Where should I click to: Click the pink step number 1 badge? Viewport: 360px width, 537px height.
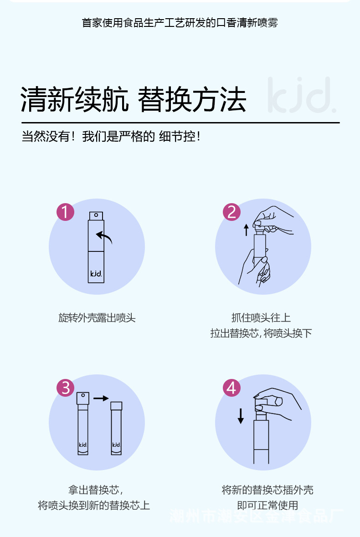(65, 212)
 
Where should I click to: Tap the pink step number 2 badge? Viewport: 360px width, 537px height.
(231, 212)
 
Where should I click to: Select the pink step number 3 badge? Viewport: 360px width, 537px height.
(65, 388)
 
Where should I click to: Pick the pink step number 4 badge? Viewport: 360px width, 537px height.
(231, 388)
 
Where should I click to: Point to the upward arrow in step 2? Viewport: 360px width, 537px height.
(246, 230)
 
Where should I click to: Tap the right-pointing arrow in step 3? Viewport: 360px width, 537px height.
(101, 398)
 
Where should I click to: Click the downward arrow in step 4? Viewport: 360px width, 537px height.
(241, 416)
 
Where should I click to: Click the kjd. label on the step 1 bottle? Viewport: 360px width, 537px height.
(96, 273)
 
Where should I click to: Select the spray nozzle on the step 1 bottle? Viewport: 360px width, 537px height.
(96, 216)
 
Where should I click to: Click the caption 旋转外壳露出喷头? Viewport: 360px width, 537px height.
(97, 318)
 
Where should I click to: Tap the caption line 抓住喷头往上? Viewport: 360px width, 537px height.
(261, 317)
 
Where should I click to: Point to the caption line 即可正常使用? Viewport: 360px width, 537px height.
(267, 505)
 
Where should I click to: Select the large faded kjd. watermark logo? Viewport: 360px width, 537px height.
(302, 95)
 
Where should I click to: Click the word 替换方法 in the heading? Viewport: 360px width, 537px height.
(192, 99)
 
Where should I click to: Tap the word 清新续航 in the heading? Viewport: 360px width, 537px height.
(74, 99)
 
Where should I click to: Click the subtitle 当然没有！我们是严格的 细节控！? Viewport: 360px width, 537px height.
(111, 136)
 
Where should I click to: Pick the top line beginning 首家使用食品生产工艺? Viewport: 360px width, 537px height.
(180, 23)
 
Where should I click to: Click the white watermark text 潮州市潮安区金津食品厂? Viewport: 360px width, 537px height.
(256, 516)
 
